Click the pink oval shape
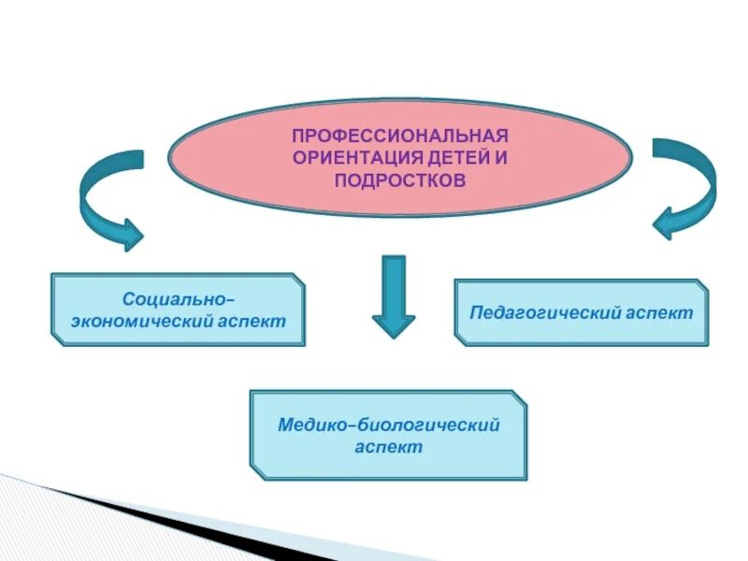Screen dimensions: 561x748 (x=234, y=159)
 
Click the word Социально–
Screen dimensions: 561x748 (x=179, y=299)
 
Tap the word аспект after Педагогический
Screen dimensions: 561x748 (x=660, y=312)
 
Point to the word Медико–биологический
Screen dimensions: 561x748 (x=389, y=425)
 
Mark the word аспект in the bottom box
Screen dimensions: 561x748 (x=389, y=448)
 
